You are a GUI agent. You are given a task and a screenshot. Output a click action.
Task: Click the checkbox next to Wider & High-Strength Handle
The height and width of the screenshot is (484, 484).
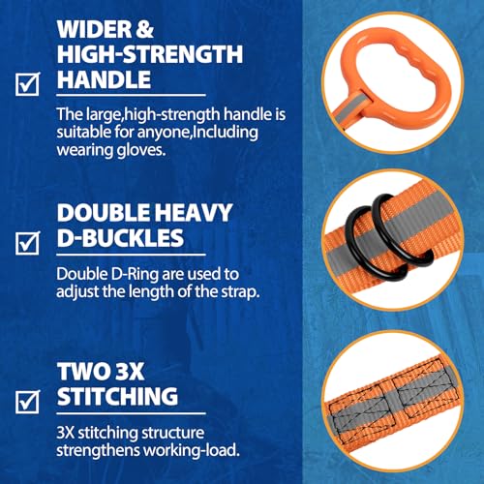[x=30, y=85]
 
